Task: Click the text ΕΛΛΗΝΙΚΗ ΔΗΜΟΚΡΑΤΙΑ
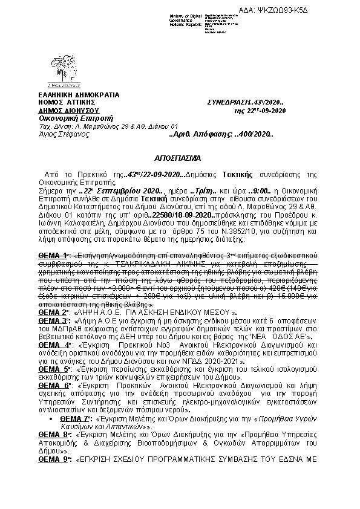[71, 95]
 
